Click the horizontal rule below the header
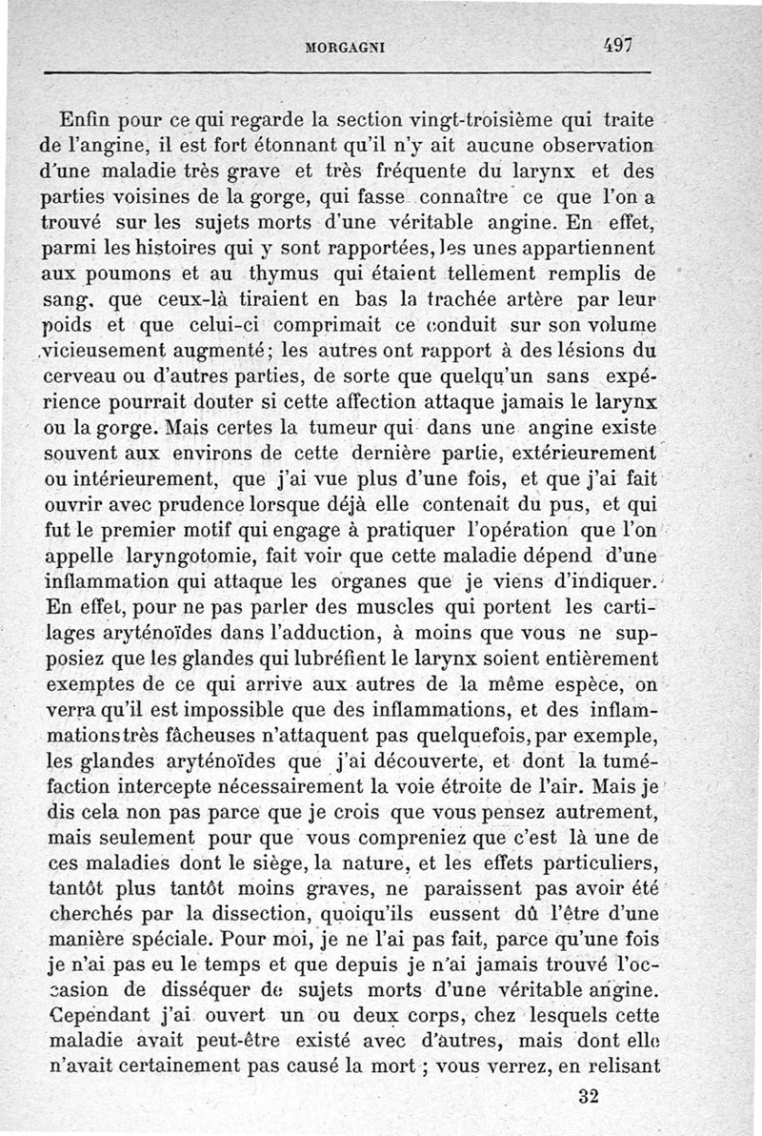[x=348, y=72]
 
